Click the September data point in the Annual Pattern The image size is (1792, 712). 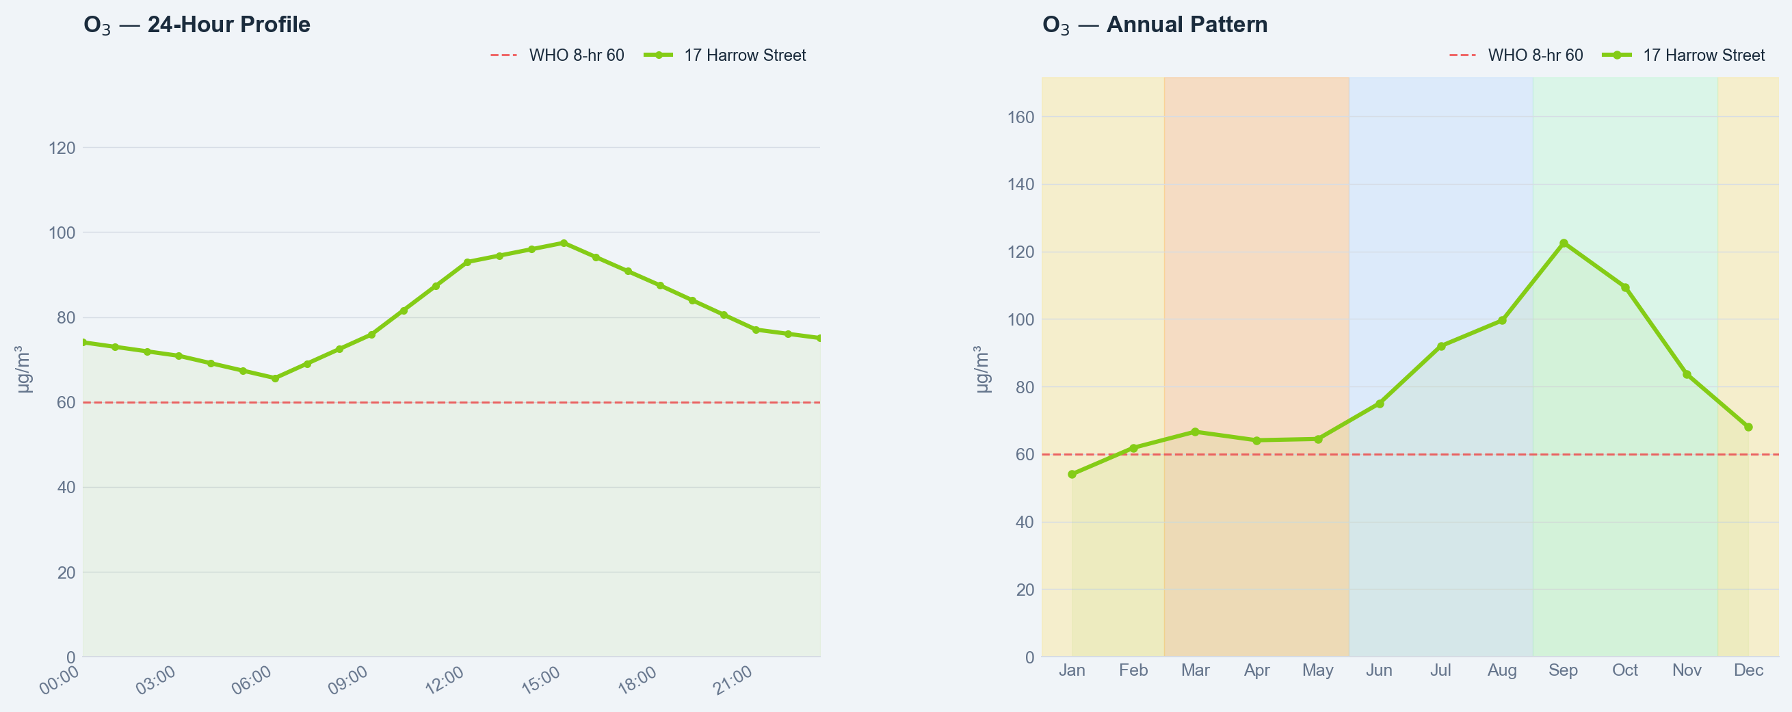[x=1564, y=243]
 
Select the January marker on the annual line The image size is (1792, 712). [x=1072, y=474]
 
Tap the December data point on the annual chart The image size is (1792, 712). [x=1748, y=427]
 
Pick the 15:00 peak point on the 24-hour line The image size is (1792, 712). [x=564, y=243]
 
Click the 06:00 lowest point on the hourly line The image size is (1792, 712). [x=275, y=379]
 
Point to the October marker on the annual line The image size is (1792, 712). [x=1625, y=288]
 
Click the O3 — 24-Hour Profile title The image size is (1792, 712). [x=197, y=25]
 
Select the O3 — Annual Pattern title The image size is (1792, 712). [x=1155, y=25]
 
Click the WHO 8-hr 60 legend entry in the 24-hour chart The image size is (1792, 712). [x=557, y=55]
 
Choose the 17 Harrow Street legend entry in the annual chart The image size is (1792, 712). [x=1683, y=55]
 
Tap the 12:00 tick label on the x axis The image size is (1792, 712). [x=444, y=681]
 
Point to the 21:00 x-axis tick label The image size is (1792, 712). [x=733, y=681]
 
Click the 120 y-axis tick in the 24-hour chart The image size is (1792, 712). [x=62, y=148]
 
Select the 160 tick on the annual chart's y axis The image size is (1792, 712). [x=1021, y=118]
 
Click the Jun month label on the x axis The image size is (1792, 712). [x=1379, y=670]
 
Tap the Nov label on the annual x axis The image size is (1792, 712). [x=1687, y=670]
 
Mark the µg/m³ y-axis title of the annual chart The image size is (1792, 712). [x=982, y=369]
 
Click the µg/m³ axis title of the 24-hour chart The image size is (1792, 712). [x=24, y=369]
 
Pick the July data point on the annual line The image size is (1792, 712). [x=1440, y=346]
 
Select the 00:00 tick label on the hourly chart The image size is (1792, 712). [x=59, y=681]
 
